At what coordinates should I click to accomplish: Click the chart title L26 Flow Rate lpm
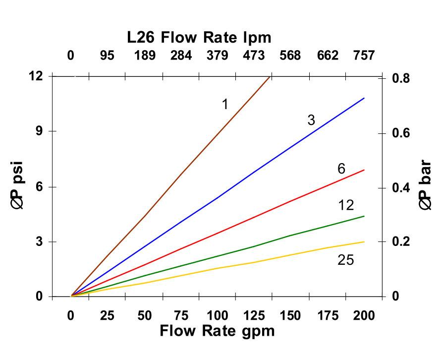point(198,37)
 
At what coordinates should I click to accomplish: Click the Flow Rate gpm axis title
point(217,331)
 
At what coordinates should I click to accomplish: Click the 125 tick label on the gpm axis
point(253,316)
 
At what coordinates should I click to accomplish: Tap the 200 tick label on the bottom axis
point(363,316)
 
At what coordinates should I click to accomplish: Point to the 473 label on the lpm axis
point(253,56)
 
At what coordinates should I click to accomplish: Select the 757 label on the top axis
point(364,56)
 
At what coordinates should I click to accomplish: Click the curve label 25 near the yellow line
point(345,260)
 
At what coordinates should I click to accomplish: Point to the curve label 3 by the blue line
point(311,120)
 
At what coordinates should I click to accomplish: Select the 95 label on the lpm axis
point(107,56)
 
